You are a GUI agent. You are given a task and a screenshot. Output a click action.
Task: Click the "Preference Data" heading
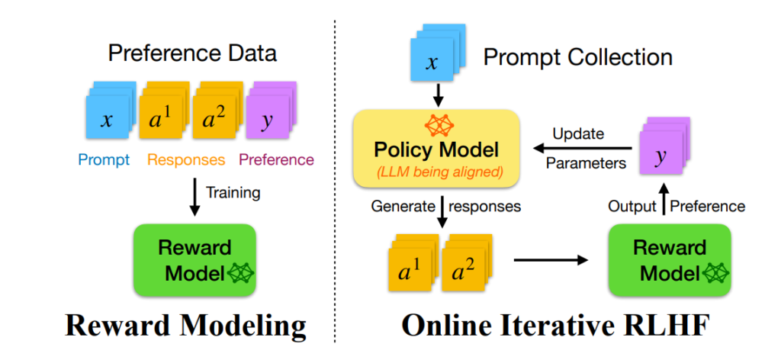[x=192, y=53]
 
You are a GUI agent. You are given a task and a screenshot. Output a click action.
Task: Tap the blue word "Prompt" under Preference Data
[x=104, y=160]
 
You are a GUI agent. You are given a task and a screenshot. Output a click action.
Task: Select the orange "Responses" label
[x=186, y=160]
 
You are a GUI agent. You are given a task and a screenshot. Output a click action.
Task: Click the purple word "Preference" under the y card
[x=276, y=160]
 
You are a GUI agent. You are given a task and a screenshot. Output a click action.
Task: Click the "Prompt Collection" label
[x=578, y=57]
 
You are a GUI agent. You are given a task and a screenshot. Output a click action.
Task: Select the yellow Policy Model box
[x=435, y=148]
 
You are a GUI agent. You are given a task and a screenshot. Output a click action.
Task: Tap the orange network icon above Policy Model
[x=436, y=126]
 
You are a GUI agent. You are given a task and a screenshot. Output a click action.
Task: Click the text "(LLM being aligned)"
[x=436, y=172]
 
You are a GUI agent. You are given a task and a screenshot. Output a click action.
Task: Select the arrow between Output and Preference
[x=663, y=198]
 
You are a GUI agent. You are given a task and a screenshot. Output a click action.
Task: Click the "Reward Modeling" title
[x=185, y=328]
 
